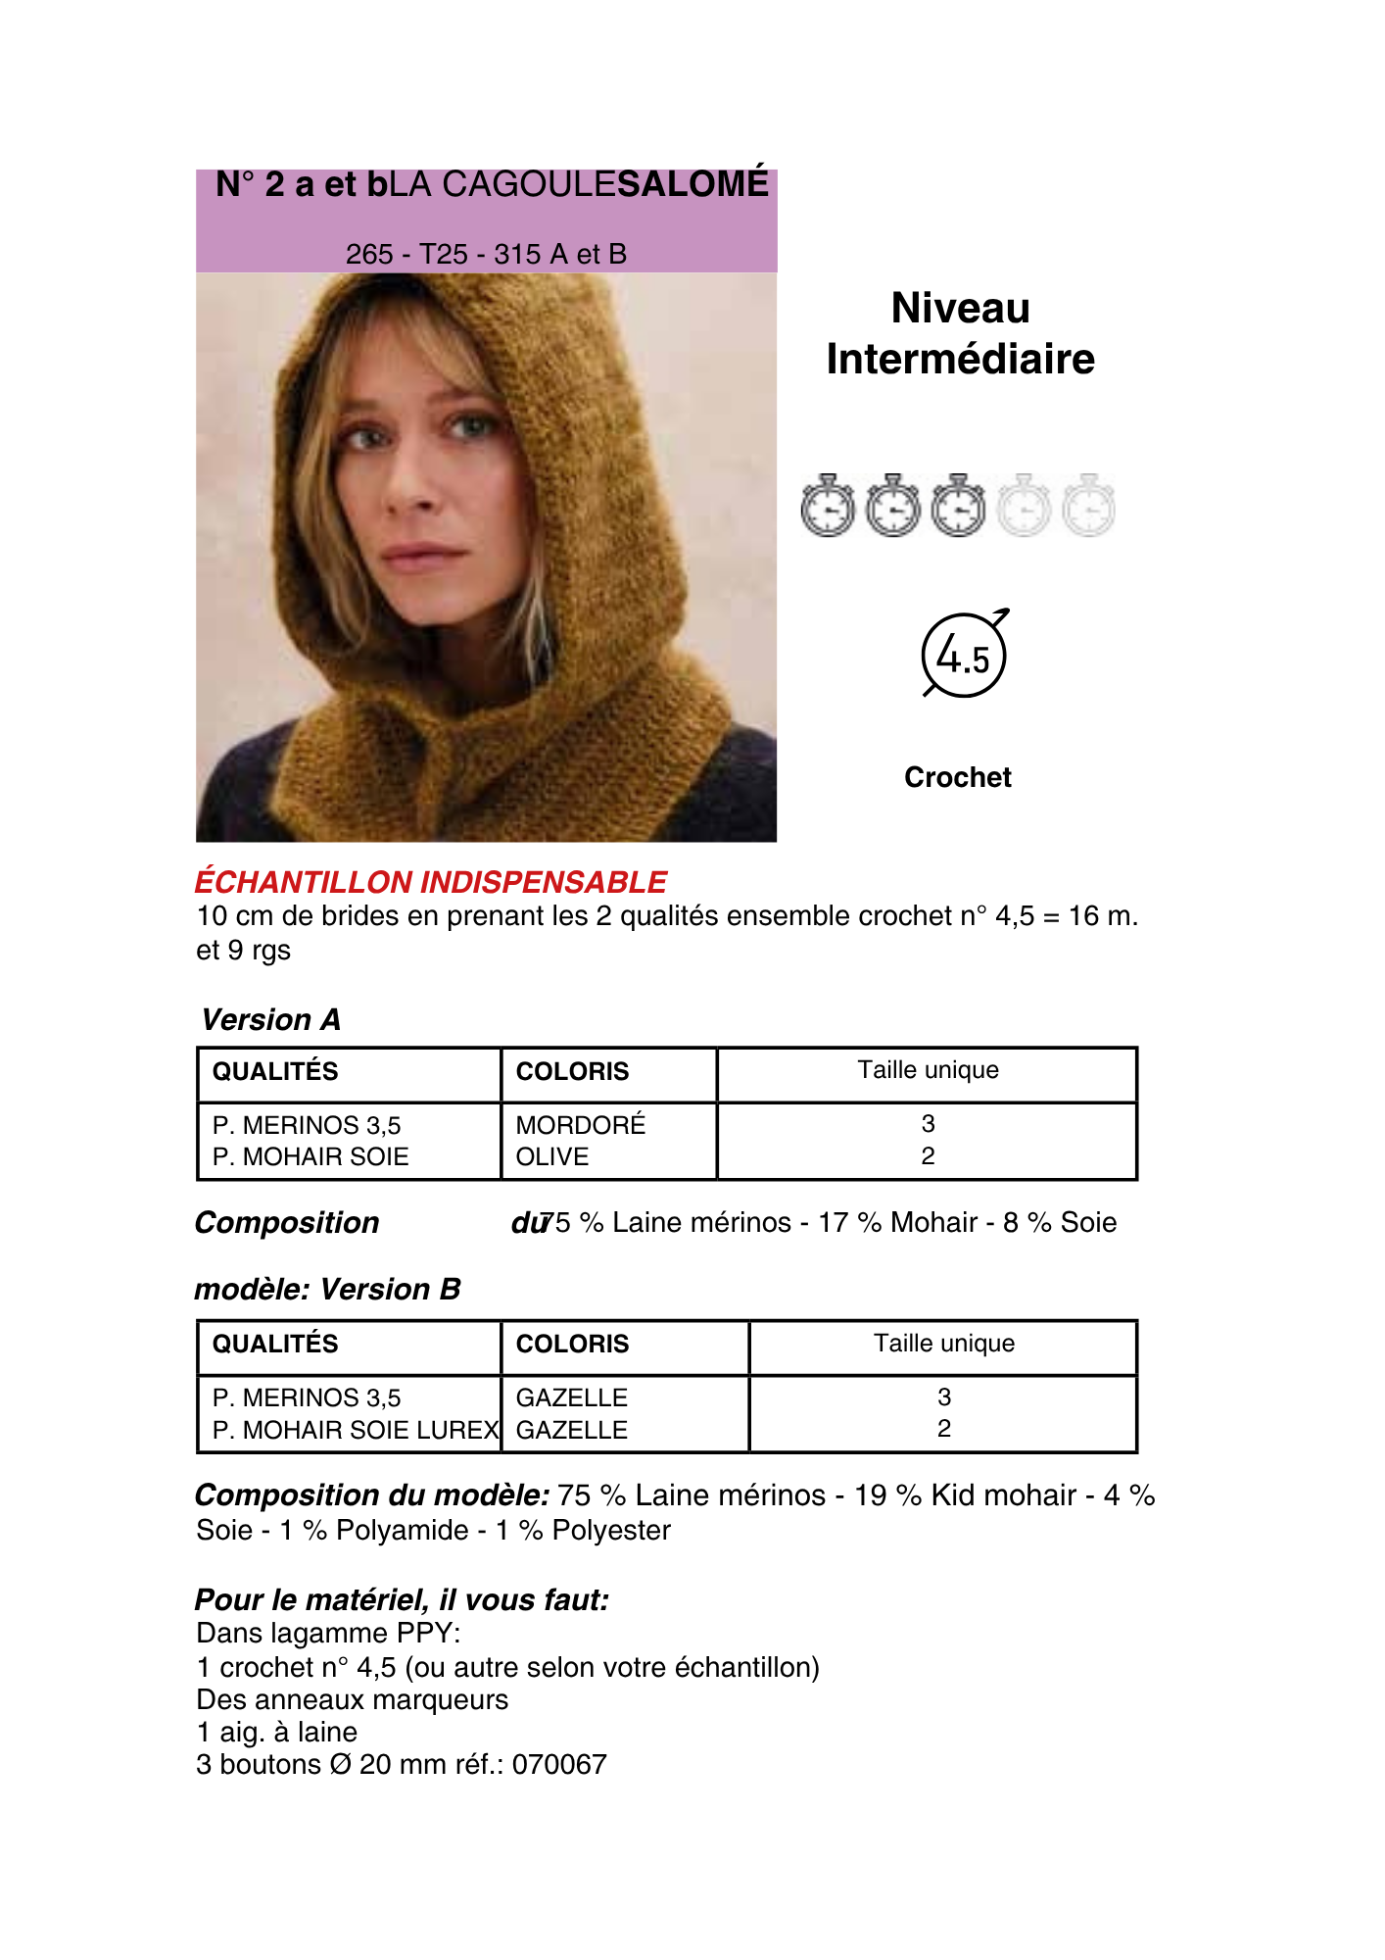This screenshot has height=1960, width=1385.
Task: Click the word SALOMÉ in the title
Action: click(693, 184)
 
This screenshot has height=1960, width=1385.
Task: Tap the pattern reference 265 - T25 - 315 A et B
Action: click(486, 255)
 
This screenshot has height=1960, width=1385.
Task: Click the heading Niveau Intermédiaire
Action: click(960, 333)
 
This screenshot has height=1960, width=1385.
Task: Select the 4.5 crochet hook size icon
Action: click(964, 655)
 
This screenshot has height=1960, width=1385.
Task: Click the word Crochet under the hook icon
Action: click(957, 777)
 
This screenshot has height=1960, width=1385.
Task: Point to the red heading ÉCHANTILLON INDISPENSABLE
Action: click(431, 882)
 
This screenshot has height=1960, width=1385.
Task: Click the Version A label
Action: click(271, 1020)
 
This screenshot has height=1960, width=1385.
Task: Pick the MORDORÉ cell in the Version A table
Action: click(581, 1125)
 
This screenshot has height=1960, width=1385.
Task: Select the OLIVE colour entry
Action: click(552, 1156)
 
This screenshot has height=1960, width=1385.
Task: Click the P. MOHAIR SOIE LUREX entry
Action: click(355, 1430)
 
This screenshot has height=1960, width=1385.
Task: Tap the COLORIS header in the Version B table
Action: click(572, 1344)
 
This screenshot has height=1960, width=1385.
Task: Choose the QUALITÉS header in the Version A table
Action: click(275, 1071)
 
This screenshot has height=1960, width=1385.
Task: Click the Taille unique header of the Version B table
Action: click(943, 1344)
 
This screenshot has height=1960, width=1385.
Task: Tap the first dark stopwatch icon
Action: click(828, 507)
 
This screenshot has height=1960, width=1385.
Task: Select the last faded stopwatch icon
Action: click(1088, 507)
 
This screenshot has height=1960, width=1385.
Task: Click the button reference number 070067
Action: click(559, 1764)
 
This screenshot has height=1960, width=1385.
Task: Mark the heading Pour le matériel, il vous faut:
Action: click(402, 1600)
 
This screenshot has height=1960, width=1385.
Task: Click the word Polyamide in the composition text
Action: click(403, 1530)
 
